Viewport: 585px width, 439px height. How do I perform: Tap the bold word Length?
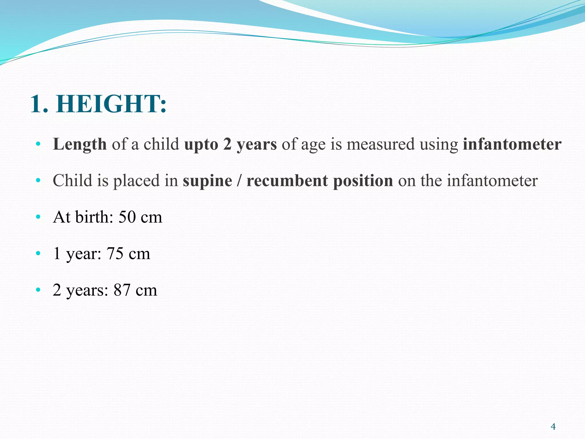[80, 144]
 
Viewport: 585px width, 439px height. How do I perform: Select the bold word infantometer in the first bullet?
[512, 144]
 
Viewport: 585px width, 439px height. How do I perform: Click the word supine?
[207, 181]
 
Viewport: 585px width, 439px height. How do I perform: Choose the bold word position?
[363, 181]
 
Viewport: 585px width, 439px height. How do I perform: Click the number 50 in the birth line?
[127, 217]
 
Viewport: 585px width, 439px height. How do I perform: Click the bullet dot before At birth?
[38, 217]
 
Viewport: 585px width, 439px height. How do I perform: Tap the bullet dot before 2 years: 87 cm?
[38, 290]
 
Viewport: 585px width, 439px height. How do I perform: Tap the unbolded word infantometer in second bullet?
[492, 181]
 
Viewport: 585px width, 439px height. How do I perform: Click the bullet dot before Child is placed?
[38, 181]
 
